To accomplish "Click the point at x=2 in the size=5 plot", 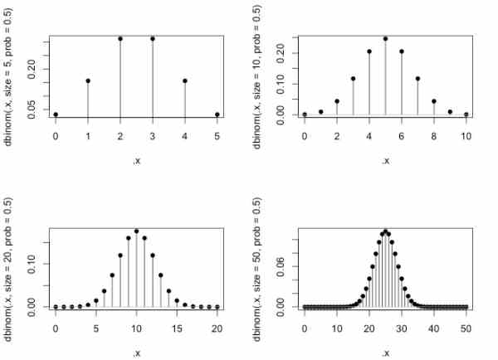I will pyautogui.click(x=120, y=38).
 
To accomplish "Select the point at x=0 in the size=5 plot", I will pyautogui.click(x=56, y=114).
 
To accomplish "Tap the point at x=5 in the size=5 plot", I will pyautogui.click(x=217, y=114).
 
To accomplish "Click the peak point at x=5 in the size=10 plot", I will pyautogui.click(x=385, y=38).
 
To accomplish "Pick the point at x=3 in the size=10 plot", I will pyautogui.click(x=353, y=79).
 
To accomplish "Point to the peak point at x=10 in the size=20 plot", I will pyautogui.click(x=136, y=231).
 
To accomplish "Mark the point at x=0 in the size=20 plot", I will pyautogui.click(x=56, y=307).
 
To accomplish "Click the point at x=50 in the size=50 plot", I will pyautogui.click(x=466, y=307).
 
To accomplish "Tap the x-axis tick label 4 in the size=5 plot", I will pyautogui.click(x=185, y=134).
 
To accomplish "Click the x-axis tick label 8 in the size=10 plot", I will pyautogui.click(x=434, y=134).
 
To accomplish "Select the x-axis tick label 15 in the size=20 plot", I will pyautogui.click(x=177, y=327).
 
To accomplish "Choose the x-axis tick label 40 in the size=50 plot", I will pyautogui.click(x=434, y=327).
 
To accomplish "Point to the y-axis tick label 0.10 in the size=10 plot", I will pyautogui.click(x=281, y=84).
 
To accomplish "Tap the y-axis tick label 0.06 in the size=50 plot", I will pyautogui.click(x=281, y=265).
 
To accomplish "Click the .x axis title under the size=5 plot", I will pyautogui.click(x=136, y=160).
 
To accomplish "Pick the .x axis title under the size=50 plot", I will pyautogui.click(x=385, y=353).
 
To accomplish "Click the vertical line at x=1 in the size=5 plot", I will pyautogui.click(x=88, y=100).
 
